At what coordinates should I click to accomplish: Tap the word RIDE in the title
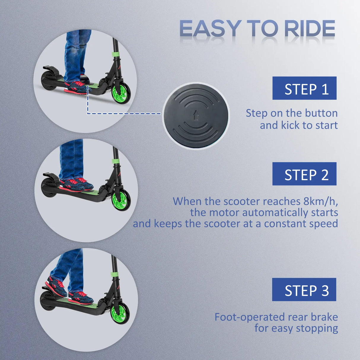tap(310, 29)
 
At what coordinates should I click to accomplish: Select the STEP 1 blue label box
tap(305, 88)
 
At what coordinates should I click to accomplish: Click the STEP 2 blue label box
tap(305, 174)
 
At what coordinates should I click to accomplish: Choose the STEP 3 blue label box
tap(304, 289)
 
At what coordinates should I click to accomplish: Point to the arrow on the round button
tap(195, 115)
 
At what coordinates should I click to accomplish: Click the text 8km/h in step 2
tap(321, 201)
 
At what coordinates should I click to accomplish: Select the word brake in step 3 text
tap(324, 317)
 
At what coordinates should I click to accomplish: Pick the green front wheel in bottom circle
tap(120, 313)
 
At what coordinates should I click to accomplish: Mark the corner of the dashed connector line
tap(88, 113)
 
